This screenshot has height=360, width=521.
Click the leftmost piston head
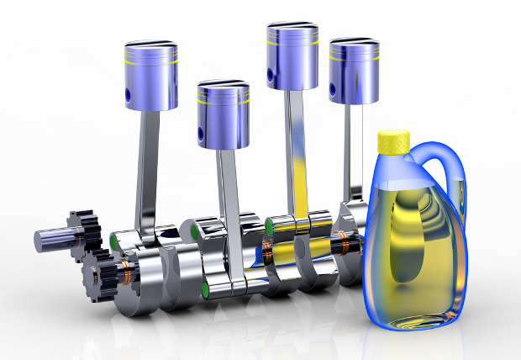coord(151,76)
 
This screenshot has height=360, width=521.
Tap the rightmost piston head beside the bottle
coord(354,71)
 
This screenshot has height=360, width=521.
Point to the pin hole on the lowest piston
coord(201,134)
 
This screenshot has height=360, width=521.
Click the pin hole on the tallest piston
coord(270,77)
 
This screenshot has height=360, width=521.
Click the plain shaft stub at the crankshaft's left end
coord(50,241)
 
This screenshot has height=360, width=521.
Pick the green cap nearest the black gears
coord(115,245)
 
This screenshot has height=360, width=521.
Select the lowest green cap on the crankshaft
coord(204,291)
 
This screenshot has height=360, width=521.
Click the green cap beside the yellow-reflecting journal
coord(270,225)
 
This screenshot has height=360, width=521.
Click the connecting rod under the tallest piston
coord(295,151)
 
